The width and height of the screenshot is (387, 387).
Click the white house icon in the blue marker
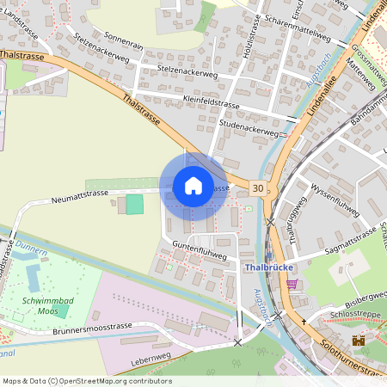[193, 186]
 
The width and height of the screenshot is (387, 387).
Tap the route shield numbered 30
[258, 187]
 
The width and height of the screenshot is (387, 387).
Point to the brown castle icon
[359, 340]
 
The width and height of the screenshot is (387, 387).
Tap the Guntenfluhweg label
[200, 250]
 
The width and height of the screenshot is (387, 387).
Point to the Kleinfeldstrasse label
[212, 102]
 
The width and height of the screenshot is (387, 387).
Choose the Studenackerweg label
[249, 129]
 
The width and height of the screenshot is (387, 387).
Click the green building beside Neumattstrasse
[134, 204]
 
